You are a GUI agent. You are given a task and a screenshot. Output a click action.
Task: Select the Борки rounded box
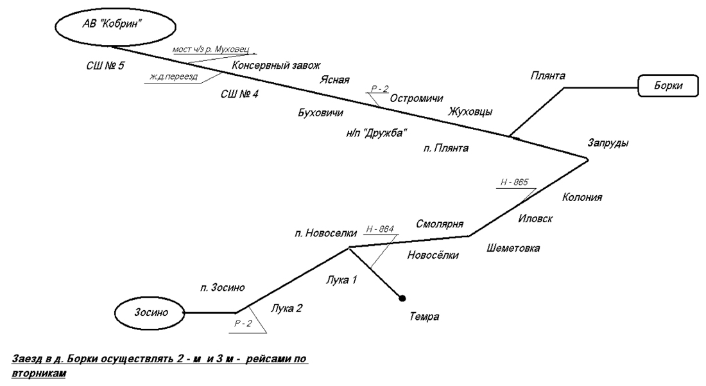click(668, 85)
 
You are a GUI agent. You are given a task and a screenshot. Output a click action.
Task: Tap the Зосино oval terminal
click(150, 313)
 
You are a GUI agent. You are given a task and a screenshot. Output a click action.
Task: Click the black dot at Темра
click(402, 298)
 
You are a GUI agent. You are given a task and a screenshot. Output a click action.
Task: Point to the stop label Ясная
click(335, 80)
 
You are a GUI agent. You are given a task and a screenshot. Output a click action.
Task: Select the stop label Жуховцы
click(470, 112)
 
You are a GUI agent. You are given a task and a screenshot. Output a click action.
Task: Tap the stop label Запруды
click(608, 143)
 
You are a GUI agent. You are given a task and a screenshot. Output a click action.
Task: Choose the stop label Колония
click(581, 197)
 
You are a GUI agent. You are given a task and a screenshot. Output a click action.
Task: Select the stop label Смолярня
click(440, 224)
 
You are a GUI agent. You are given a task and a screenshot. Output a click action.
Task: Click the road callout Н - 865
click(514, 182)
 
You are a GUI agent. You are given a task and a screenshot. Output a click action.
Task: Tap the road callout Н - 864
click(379, 228)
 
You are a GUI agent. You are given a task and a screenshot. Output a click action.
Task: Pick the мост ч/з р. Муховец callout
click(213, 50)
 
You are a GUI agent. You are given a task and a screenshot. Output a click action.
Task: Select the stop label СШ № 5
click(105, 66)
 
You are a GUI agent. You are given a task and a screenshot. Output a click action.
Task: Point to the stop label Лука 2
click(286, 308)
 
